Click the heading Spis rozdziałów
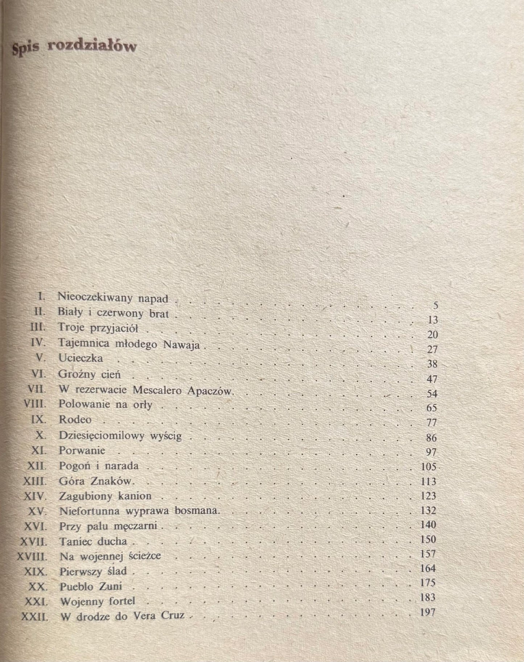pyautogui.click(x=74, y=48)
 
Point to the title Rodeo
pyautogui.click(x=75, y=420)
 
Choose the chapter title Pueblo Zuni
pyautogui.click(x=90, y=586)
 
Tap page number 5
pyautogui.click(x=436, y=305)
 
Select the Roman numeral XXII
pyautogui.click(x=35, y=616)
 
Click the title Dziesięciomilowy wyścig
pyautogui.click(x=125, y=436)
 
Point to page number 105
pyautogui.click(x=428, y=466)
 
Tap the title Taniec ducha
pyautogui.click(x=93, y=541)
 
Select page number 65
pyautogui.click(x=432, y=407)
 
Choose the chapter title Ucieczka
pyautogui.click(x=81, y=358)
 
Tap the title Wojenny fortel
pyautogui.click(x=97, y=601)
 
